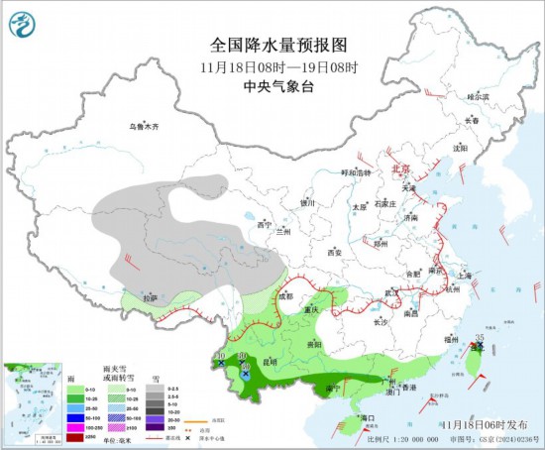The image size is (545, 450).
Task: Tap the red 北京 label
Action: point(401,169)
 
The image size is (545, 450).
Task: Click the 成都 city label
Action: point(286,295)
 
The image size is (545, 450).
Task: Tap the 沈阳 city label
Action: point(459,148)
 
